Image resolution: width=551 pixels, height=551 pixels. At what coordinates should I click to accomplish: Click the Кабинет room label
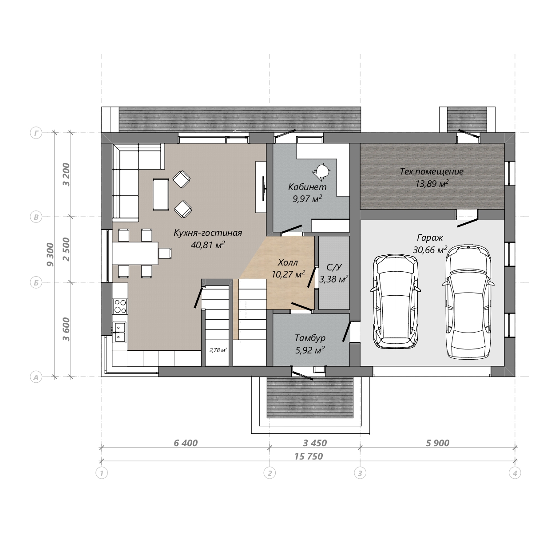(307, 187)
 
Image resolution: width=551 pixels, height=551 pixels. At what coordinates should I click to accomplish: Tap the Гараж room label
(430, 238)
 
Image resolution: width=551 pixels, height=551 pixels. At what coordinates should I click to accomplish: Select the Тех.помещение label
(432, 171)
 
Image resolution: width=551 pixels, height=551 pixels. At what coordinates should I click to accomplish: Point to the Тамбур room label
(310, 338)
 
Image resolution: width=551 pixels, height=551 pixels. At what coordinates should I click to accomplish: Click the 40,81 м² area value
(208, 245)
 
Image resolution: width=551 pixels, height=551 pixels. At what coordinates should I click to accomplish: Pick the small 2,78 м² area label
(218, 350)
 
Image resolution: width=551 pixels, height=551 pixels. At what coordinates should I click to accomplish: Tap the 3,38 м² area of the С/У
(334, 279)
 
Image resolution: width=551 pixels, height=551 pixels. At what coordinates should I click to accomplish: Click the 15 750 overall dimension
(309, 456)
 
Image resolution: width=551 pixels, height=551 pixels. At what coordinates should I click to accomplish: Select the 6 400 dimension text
(186, 443)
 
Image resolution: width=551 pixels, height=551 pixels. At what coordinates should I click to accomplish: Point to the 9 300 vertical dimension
(50, 254)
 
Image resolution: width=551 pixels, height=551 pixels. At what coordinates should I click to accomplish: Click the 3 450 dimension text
(315, 443)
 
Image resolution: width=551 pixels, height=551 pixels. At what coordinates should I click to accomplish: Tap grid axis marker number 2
(270, 473)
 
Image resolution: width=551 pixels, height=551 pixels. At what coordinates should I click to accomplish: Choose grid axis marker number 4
(515, 473)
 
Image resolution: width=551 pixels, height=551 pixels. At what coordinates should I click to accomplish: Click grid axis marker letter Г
(36, 133)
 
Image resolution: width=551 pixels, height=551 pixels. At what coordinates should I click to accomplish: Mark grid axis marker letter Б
(36, 282)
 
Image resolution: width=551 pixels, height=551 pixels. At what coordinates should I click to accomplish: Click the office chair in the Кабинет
(322, 171)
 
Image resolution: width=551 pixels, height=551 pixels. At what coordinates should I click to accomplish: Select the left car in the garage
(396, 301)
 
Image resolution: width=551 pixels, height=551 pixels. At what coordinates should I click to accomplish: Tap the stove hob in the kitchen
(120, 306)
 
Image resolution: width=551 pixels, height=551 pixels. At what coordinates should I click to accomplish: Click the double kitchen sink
(120, 332)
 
